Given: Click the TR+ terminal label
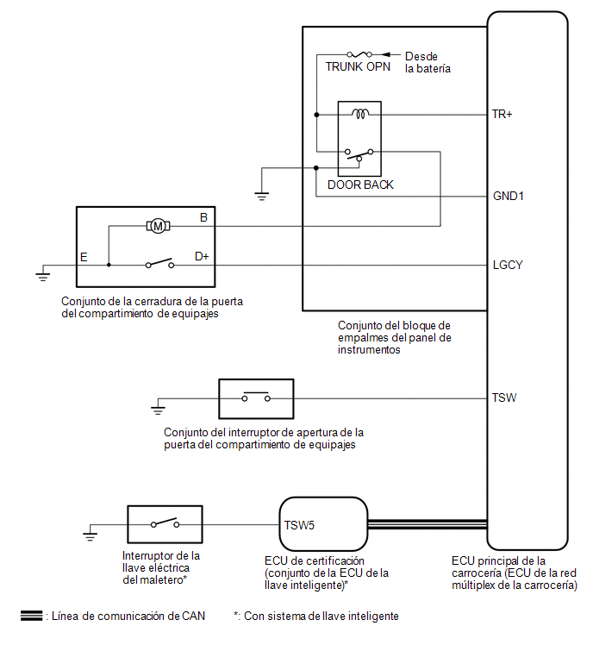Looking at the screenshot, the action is (x=502, y=114).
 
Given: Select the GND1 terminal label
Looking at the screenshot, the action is (x=508, y=196).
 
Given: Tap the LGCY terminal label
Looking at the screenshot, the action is (x=508, y=265).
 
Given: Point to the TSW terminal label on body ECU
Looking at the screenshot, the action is (x=504, y=397).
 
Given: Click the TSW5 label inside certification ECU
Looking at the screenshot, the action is (x=299, y=526).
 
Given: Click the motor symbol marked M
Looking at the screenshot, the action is (x=158, y=226).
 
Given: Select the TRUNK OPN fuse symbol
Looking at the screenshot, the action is (x=359, y=54).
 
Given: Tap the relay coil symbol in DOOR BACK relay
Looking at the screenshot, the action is (x=360, y=113).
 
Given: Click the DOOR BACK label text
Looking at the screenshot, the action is (x=360, y=185).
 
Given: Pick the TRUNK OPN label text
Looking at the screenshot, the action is (x=358, y=67).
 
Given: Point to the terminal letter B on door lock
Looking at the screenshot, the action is (x=203, y=217).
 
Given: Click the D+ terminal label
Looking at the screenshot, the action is (x=202, y=257).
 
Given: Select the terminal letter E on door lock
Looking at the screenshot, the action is (x=84, y=258).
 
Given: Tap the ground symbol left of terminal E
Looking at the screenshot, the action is (x=43, y=276).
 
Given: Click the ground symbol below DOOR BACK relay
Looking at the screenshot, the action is (x=262, y=196).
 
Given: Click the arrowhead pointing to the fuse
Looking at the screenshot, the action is (x=385, y=54).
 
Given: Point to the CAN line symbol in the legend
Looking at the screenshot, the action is (x=32, y=617).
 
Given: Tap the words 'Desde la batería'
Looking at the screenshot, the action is (x=428, y=62).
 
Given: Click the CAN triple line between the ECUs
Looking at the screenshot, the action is (x=427, y=524).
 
